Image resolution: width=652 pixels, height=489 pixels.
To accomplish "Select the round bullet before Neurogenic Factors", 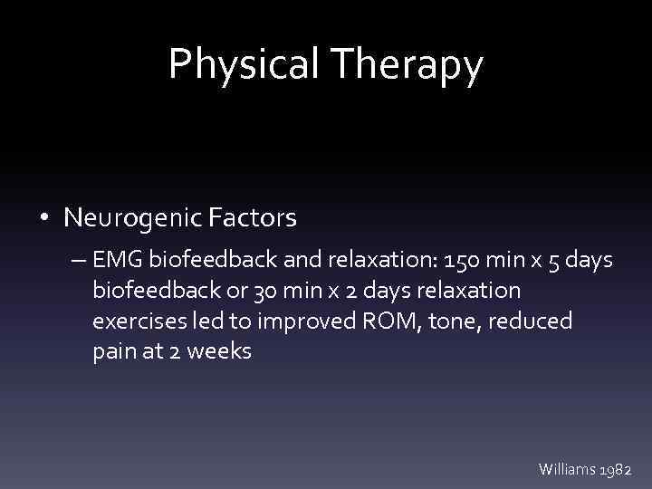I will [x=44, y=218].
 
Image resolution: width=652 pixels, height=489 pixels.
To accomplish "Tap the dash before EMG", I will [x=75, y=262].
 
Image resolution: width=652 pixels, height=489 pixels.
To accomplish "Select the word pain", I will [x=112, y=351].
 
